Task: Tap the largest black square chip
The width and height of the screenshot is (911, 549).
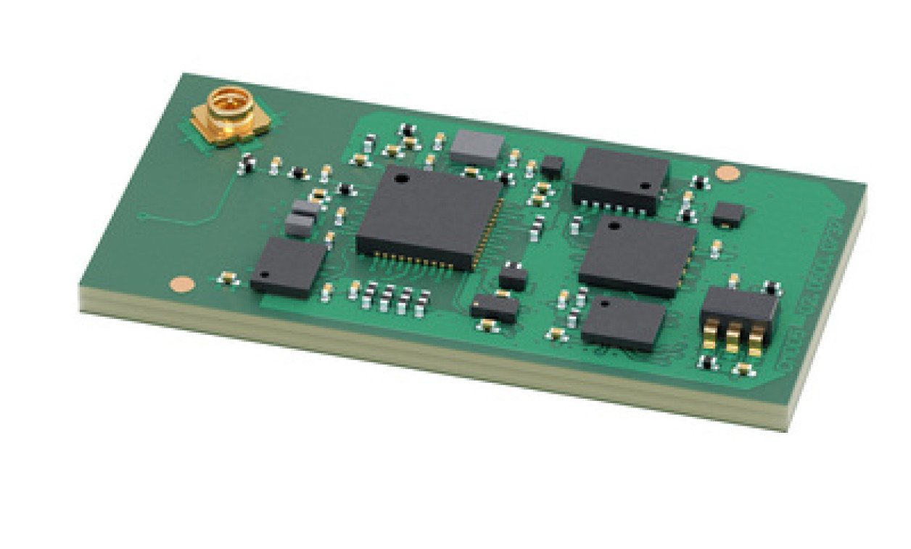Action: coord(429,216)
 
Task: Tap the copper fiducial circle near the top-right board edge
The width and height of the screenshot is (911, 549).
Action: coord(727,173)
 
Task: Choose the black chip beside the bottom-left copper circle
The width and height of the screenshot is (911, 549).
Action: coord(288,266)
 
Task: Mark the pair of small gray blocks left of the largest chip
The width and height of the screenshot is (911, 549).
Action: coord(302,218)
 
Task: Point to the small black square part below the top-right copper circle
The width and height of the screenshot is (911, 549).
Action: coord(727,214)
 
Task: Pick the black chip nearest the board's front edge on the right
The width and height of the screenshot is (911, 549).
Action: coord(623,323)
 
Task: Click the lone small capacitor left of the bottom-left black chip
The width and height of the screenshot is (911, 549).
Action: coord(228,278)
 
